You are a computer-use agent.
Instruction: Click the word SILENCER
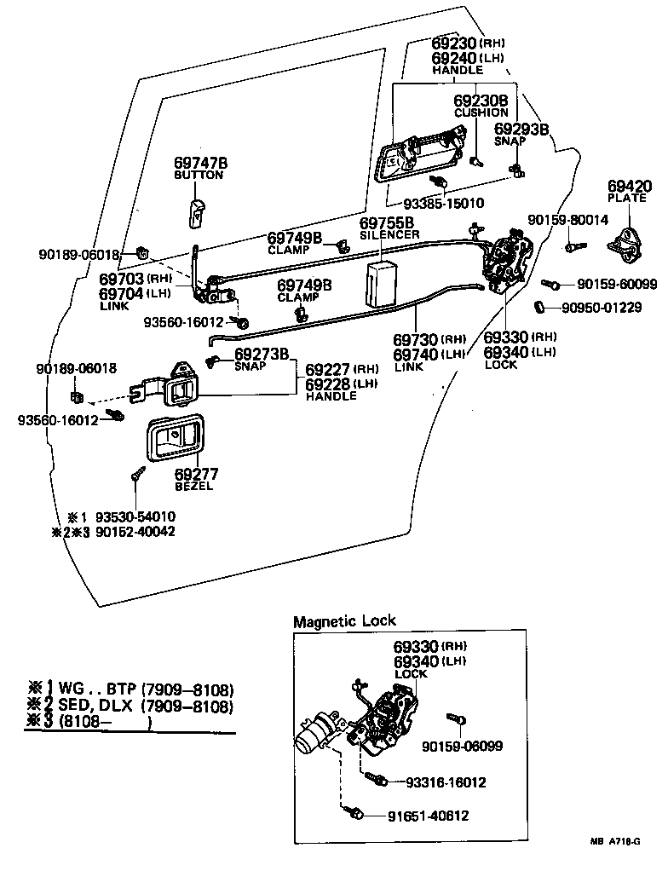(389, 234)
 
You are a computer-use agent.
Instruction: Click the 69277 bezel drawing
(176, 441)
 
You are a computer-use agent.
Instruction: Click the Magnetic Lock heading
(344, 621)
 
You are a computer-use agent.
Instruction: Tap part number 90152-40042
(135, 530)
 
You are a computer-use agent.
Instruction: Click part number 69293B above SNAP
(521, 130)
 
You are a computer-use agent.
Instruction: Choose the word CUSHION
(480, 112)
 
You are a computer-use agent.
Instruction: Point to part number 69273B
(262, 355)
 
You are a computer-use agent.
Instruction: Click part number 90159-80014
(567, 220)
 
